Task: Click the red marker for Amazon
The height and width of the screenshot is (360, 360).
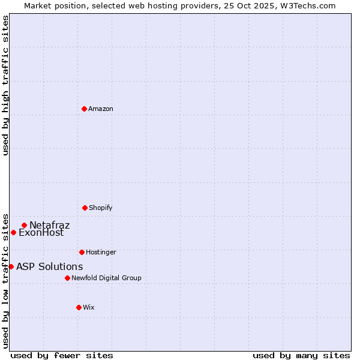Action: [x=84, y=109]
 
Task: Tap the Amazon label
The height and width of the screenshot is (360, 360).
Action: [x=101, y=109]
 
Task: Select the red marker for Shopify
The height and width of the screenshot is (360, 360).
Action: [x=85, y=208]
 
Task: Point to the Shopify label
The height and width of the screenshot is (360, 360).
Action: [x=101, y=208]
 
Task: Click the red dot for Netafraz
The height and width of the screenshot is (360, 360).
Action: [x=24, y=226]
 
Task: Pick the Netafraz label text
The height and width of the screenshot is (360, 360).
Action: [x=50, y=226]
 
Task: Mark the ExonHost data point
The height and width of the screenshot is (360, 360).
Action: [x=13, y=232]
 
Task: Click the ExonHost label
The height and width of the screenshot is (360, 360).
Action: [x=41, y=233]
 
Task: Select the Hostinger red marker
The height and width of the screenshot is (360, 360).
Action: [x=82, y=252]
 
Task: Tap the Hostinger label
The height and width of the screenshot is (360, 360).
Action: [x=101, y=253]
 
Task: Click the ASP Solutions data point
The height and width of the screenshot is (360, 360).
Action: [x=11, y=266]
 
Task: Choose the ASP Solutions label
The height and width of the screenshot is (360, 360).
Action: [x=49, y=267]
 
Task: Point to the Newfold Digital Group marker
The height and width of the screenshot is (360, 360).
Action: [x=67, y=278]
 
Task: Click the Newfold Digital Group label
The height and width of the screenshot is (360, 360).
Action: [x=106, y=278]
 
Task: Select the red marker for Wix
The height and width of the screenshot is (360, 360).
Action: [x=79, y=307]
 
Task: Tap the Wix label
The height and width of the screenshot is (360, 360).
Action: [x=89, y=308]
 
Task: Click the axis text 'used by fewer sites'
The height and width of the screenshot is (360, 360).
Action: [x=62, y=356]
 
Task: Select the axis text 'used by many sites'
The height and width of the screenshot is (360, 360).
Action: [x=301, y=356]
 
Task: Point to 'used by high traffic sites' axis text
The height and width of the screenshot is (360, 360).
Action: [x=5, y=85]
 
